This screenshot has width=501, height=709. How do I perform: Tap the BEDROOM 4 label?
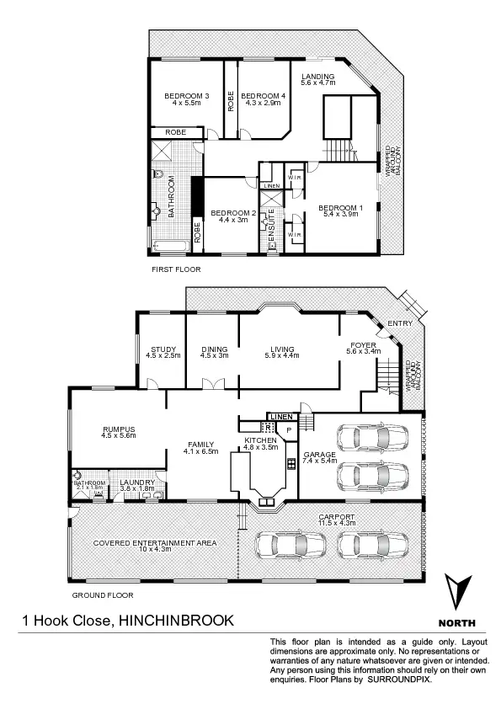262,97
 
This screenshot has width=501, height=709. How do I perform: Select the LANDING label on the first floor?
318,77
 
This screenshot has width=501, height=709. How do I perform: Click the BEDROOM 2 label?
232,212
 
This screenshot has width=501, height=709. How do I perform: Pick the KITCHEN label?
260,440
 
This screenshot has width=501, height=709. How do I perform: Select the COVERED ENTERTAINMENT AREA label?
155,543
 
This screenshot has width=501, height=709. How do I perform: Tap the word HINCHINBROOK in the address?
177,621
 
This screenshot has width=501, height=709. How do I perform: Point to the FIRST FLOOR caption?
176,269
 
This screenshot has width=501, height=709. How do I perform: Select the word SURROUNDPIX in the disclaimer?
397,678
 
